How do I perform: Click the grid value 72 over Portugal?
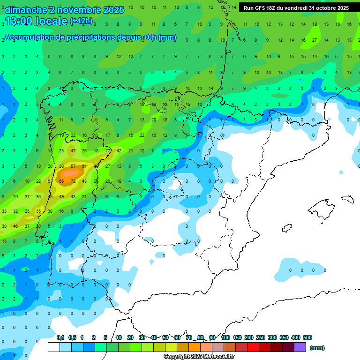click(73, 181)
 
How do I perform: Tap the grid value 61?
click(84, 166)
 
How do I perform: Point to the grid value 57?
click(73, 166)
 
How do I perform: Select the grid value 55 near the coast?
click(38, 211)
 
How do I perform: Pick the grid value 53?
click(50, 181)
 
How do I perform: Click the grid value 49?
click(61, 196)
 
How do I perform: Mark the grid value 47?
click(73, 150)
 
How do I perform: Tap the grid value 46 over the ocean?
click(15, 226)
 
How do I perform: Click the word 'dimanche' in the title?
click(26, 10)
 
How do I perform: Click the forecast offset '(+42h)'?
click(81, 21)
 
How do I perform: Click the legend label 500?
click(307, 337)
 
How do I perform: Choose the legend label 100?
click(225, 337)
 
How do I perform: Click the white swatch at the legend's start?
click(54, 347)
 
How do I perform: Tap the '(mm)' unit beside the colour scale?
click(317, 348)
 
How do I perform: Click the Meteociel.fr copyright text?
click(199, 356)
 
